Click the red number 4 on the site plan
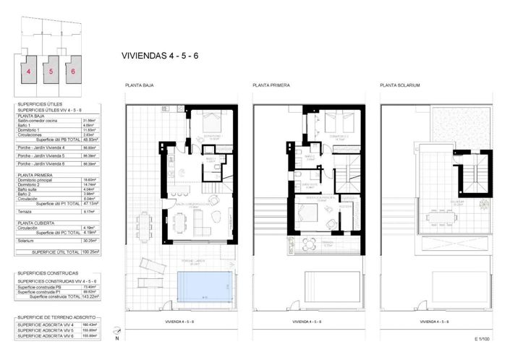[x=29, y=72]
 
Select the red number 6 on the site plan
[x=73, y=72]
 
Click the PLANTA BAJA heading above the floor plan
[x=139, y=85]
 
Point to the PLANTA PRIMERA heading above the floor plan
[x=271, y=85]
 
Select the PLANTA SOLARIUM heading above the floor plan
[x=400, y=85]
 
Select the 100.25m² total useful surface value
[x=90, y=252]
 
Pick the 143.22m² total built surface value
[x=90, y=296]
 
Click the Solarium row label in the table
[x=27, y=241]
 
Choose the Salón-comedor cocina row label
[x=38, y=121]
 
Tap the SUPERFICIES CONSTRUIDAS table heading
[x=46, y=274]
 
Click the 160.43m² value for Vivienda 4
[x=90, y=325]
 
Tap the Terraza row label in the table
[x=25, y=212]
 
